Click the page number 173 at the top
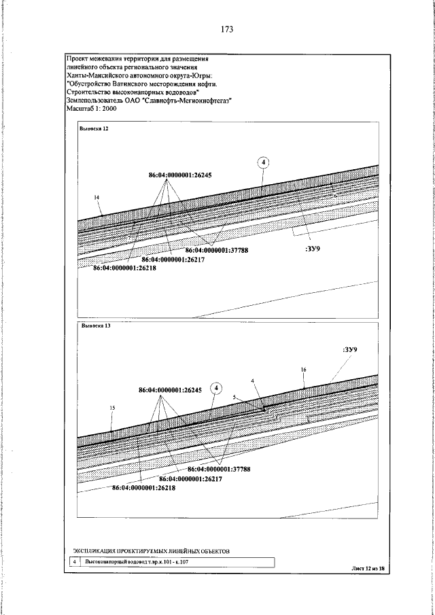(227, 30)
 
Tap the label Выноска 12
(94, 128)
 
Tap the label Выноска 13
(94, 326)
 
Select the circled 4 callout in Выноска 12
(264, 162)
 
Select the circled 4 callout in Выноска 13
(215, 388)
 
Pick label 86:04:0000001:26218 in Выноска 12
(124, 268)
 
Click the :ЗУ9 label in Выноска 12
(309, 249)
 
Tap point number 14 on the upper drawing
(97, 197)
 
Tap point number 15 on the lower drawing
(111, 408)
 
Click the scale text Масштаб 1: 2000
(92, 108)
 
